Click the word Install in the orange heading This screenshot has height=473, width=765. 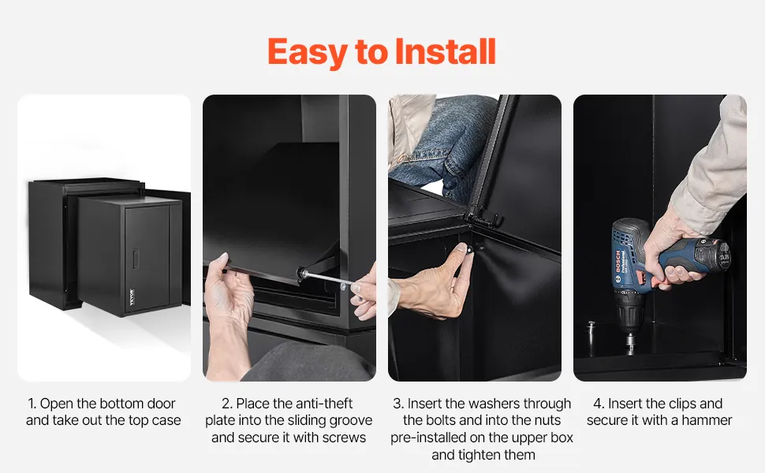[x=446, y=52]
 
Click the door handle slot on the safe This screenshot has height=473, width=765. [x=136, y=258]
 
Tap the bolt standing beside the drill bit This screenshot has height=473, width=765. [x=591, y=333]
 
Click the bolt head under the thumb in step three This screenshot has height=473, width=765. [x=469, y=250]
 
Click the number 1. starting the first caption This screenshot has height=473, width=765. [x=32, y=404]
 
